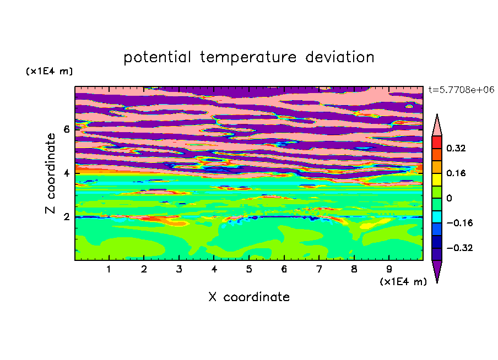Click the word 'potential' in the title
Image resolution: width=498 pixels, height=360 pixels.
coord(157,57)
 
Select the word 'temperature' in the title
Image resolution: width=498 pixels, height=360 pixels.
coord(248,57)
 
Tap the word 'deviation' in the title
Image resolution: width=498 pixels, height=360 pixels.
coord(339,57)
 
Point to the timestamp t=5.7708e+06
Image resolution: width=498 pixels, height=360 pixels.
coord(461,90)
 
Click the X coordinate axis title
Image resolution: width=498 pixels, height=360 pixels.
coord(249,297)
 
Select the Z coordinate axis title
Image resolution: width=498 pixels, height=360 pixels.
coord(51,173)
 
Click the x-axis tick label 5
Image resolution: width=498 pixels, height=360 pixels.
coord(249,269)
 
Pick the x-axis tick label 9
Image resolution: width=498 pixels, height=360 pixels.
coord(389,269)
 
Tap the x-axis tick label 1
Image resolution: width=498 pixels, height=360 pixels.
coord(109,269)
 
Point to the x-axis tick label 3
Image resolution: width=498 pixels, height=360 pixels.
coord(179,269)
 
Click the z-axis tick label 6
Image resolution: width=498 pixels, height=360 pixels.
coord(66,129)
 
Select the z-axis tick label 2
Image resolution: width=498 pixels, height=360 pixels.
coord(66,217)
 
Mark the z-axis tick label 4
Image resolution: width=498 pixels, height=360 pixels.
coord(66,173)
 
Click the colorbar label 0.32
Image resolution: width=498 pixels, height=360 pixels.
coord(456,148)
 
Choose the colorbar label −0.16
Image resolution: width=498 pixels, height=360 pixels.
coord(459,223)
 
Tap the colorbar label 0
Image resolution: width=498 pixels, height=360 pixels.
coord(449,198)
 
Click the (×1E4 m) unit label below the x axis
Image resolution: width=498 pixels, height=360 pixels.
coord(403,282)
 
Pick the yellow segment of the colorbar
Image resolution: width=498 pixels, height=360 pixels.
coord(437,179)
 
